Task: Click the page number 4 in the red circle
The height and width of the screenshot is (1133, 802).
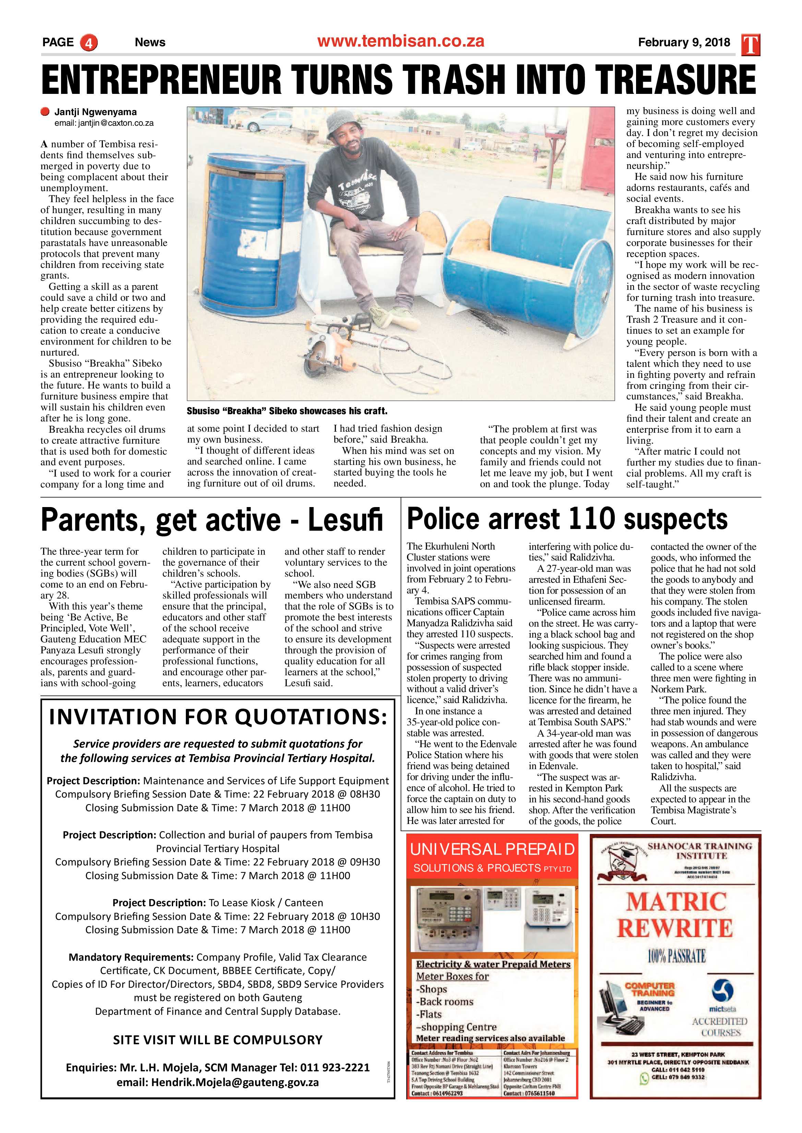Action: [89, 42]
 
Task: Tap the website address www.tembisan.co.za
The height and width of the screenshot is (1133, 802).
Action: [400, 41]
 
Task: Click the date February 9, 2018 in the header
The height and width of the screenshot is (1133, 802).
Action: [684, 42]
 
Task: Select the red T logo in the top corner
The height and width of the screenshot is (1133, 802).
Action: [751, 45]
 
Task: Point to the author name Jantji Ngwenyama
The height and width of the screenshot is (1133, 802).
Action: [95, 112]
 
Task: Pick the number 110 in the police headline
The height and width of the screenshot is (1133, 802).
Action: [591, 519]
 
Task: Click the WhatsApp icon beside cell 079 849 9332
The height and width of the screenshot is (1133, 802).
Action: [644, 1079]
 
